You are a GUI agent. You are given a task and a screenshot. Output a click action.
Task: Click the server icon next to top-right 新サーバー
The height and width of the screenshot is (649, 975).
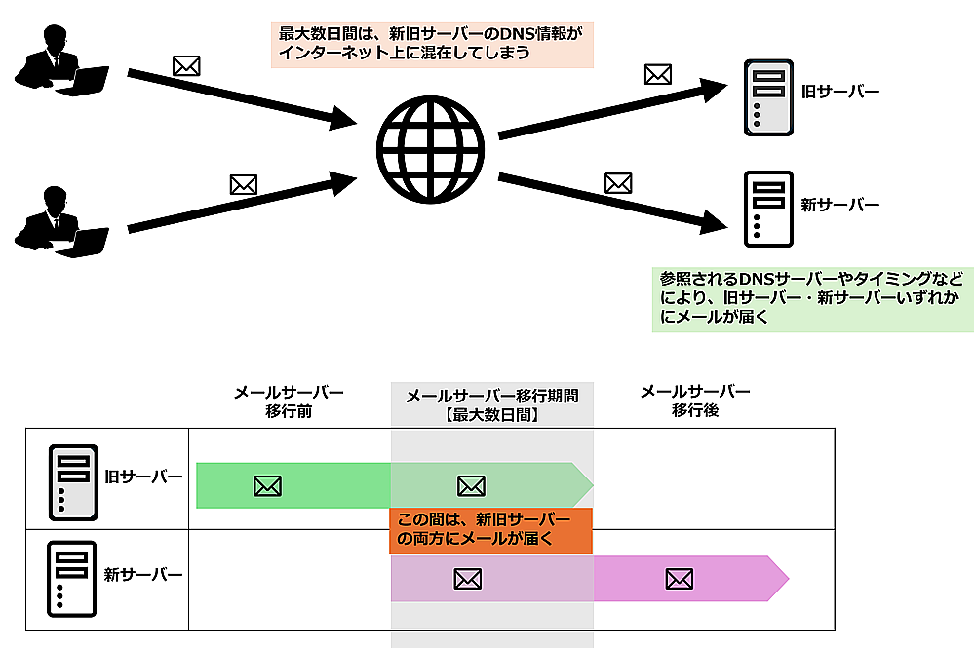765,209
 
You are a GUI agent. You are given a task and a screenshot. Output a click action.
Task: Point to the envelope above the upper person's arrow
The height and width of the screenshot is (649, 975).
186,66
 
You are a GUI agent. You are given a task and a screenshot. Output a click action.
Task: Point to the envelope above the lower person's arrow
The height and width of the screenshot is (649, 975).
243,183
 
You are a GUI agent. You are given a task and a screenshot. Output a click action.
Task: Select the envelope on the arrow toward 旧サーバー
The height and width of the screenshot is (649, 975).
658,74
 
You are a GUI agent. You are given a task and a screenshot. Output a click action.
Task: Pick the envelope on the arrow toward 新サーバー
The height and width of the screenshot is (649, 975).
618,182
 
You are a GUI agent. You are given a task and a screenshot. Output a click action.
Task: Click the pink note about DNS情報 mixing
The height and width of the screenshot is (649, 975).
432,45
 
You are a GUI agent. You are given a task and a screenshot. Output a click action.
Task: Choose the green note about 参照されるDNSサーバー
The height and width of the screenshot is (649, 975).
812,297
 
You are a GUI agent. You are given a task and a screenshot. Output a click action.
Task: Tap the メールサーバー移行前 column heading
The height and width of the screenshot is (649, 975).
289,401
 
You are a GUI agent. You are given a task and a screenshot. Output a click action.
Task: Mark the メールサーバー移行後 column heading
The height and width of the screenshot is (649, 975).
695,401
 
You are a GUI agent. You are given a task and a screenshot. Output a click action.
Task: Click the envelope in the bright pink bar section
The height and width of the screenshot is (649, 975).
679,580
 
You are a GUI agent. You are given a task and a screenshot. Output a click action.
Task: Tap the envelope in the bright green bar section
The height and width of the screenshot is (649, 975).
267,485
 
